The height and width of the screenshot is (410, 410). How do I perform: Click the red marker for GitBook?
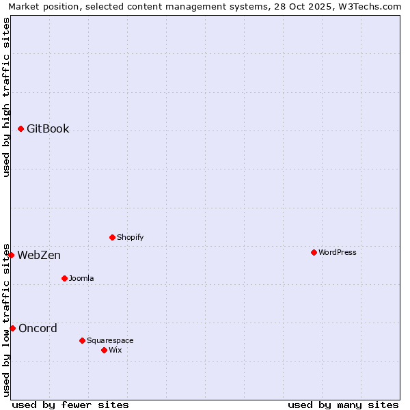[21, 128]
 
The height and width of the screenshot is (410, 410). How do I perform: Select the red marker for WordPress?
[314, 252]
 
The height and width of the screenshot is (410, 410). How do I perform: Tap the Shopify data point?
[112, 237]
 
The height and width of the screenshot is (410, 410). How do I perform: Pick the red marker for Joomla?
[65, 278]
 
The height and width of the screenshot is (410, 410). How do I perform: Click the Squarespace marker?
[82, 340]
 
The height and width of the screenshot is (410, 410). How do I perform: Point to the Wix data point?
[104, 350]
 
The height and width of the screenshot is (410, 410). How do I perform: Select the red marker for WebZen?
[11, 255]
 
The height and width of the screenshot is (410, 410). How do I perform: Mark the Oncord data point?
[12, 328]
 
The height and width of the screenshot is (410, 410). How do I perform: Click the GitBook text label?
[48, 128]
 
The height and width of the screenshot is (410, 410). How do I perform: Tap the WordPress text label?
[338, 252]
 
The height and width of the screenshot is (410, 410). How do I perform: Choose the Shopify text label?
[131, 237]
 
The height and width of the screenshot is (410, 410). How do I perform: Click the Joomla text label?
[81, 278]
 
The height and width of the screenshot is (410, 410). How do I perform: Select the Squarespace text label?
[110, 340]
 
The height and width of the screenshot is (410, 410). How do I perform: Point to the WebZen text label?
[39, 255]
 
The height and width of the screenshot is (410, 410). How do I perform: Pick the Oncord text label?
[38, 328]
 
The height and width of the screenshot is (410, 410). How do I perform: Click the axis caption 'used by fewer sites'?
[70, 405]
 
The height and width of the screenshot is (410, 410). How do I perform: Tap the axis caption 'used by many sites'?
[343, 405]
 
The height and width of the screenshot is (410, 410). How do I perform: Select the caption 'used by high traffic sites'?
[6, 97]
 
